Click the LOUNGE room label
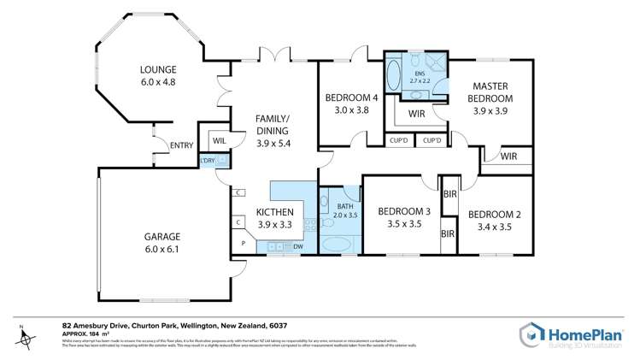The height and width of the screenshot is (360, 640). pos(159,70)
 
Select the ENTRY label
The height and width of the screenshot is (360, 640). pos(181,145)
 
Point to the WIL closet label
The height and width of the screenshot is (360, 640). pos(219,140)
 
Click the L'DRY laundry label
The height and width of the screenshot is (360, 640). pos(207,161)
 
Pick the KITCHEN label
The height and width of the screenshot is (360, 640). pos(274,212)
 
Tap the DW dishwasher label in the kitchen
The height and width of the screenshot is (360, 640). pos(297,248)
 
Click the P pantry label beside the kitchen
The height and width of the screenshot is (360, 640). pos(243,243)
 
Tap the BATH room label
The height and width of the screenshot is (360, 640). pos(345,206)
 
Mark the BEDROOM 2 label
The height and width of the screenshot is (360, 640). pos(491,214)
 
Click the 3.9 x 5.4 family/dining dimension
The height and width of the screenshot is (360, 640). pos(273,144)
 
